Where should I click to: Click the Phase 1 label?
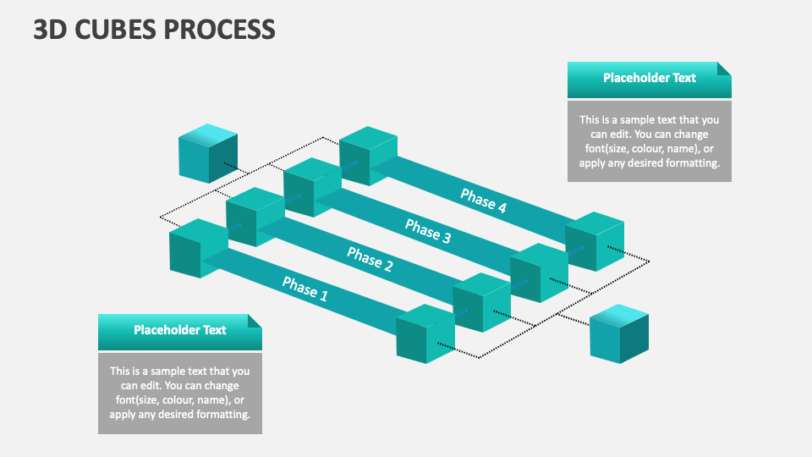pyautogui.click(x=304, y=289)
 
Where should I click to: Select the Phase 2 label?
pyautogui.click(x=370, y=259)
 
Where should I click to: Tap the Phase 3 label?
pyautogui.click(x=427, y=229)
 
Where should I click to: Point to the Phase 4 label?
pyautogui.click(x=484, y=200)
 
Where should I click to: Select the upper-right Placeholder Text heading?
pyautogui.click(x=649, y=78)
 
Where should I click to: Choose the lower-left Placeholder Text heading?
pyautogui.click(x=179, y=330)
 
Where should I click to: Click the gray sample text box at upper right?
pyautogui.click(x=649, y=141)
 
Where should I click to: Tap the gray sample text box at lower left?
pyautogui.click(x=179, y=393)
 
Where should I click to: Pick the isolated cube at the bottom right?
pyautogui.click(x=618, y=333)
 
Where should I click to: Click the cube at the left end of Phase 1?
pyautogui.click(x=198, y=248)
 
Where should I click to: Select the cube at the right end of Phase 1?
pyautogui.click(x=425, y=334)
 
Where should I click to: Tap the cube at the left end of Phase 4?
pyautogui.click(x=368, y=156)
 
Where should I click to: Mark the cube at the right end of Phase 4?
pyautogui.click(x=595, y=241)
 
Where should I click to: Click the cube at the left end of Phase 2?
pyautogui.click(x=255, y=217)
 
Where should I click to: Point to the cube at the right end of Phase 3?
pyautogui.click(x=539, y=273)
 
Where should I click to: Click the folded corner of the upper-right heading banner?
pyautogui.click(x=724, y=68)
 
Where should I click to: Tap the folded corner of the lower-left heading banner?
pyautogui.click(x=255, y=320)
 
